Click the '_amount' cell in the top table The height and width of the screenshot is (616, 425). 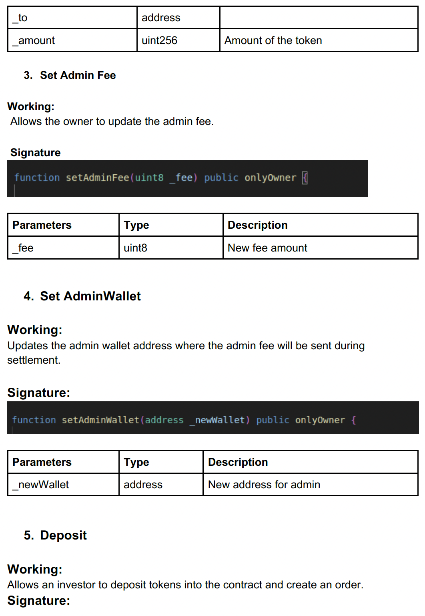[36, 40]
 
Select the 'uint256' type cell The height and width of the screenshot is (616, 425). [159, 40]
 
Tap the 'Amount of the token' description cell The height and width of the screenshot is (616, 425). [273, 40]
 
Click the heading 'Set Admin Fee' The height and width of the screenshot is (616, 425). [78, 75]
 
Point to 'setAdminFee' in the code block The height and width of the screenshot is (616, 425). [97, 177]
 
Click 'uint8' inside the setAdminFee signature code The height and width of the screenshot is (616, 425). [149, 177]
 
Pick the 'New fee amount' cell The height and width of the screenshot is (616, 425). [267, 248]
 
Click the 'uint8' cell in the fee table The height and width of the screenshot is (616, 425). [135, 248]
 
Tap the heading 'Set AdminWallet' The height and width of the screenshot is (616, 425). [90, 296]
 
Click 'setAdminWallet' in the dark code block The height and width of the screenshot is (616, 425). [100, 420]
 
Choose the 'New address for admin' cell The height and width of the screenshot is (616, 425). [264, 485]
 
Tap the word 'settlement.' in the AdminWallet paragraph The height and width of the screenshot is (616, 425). [34, 360]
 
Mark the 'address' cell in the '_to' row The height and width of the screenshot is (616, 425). [161, 18]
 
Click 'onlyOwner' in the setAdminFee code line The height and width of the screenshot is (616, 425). [270, 177]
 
